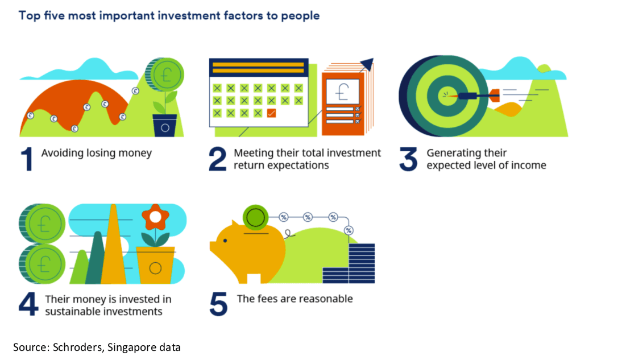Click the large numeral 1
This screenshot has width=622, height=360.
point(27,159)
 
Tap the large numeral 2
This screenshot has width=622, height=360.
point(218,159)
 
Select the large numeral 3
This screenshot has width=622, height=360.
point(409,159)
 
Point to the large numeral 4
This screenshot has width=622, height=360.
point(28,304)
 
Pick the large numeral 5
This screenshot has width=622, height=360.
point(218,304)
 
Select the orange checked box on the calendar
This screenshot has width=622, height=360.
point(271,114)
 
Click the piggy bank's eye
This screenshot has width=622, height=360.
point(225,241)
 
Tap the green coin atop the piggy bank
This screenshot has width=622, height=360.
point(255,217)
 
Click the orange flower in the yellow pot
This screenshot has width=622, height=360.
point(156,217)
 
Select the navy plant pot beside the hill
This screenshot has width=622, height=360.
point(165,126)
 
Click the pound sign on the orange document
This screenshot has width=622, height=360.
point(342,92)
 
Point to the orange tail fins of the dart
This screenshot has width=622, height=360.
point(494,96)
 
